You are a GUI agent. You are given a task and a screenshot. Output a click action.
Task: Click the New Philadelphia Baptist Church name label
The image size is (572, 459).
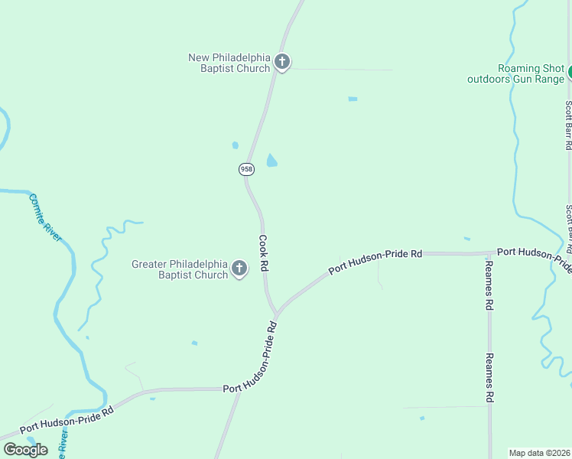(229, 63)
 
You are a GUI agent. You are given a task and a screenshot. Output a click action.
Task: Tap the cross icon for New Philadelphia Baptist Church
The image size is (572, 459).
(282, 62)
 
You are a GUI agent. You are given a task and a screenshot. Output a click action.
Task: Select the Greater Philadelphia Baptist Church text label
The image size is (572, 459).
(180, 269)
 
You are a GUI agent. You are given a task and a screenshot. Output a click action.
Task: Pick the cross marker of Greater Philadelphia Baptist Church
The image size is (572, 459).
(239, 269)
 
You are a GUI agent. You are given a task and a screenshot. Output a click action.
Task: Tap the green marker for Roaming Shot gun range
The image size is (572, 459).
(569, 73)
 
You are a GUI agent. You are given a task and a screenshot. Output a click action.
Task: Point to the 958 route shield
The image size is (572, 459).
(246, 168)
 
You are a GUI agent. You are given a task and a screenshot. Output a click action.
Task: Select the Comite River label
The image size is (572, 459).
(45, 217)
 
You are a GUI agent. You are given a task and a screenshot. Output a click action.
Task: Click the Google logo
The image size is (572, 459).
(25, 449)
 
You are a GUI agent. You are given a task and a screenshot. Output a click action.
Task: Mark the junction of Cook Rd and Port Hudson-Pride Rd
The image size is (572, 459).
(276, 314)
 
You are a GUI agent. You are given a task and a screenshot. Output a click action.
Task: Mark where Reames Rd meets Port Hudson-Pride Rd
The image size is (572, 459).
(489, 253)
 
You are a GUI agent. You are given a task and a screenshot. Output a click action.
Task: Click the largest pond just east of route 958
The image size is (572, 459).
(271, 161)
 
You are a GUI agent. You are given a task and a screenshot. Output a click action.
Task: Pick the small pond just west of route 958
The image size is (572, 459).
(235, 145)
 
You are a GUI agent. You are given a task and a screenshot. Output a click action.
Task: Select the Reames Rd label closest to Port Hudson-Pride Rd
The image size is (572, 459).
(489, 284)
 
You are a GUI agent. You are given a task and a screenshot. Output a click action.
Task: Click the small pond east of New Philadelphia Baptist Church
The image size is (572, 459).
(353, 99)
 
